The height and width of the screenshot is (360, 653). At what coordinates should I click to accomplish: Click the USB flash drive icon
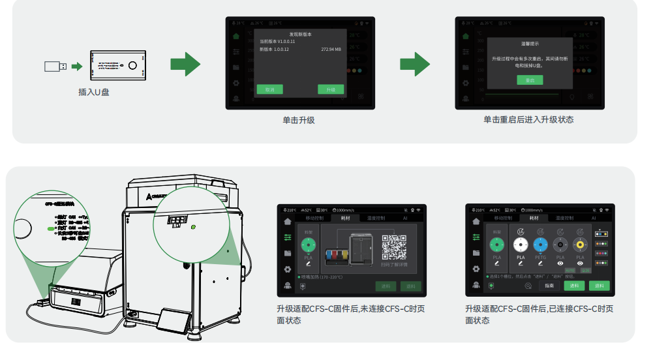click(x=55, y=66)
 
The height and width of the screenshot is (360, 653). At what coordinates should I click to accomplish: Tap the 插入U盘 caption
click(x=94, y=92)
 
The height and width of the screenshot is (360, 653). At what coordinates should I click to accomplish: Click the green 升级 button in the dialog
click(x=330, y=89)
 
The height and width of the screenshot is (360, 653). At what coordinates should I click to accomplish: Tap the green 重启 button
click(x=530, y=80)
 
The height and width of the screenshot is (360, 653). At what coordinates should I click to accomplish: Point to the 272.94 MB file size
click(x=331, y=50)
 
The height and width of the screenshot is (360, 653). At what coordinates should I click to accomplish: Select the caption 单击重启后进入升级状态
click(x=528, y=120)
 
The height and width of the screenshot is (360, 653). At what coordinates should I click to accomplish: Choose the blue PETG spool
click(x=539, y=245)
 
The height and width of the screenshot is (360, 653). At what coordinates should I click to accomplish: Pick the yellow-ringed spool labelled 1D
click(x=580, y=245)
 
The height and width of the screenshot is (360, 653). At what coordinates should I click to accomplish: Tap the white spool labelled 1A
click(x=520, y=245)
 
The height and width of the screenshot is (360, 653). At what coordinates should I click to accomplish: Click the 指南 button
click(x=549, y=286)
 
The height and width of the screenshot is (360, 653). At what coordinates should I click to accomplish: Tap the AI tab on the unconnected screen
click(x=404, y=218)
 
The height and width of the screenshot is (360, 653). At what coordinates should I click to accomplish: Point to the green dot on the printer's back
click(x=193, y=228)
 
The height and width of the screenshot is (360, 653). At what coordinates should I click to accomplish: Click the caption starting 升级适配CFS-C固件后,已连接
click(x=539, y=314)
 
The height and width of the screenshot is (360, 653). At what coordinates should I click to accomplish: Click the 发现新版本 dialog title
click(x=300, y=34)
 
